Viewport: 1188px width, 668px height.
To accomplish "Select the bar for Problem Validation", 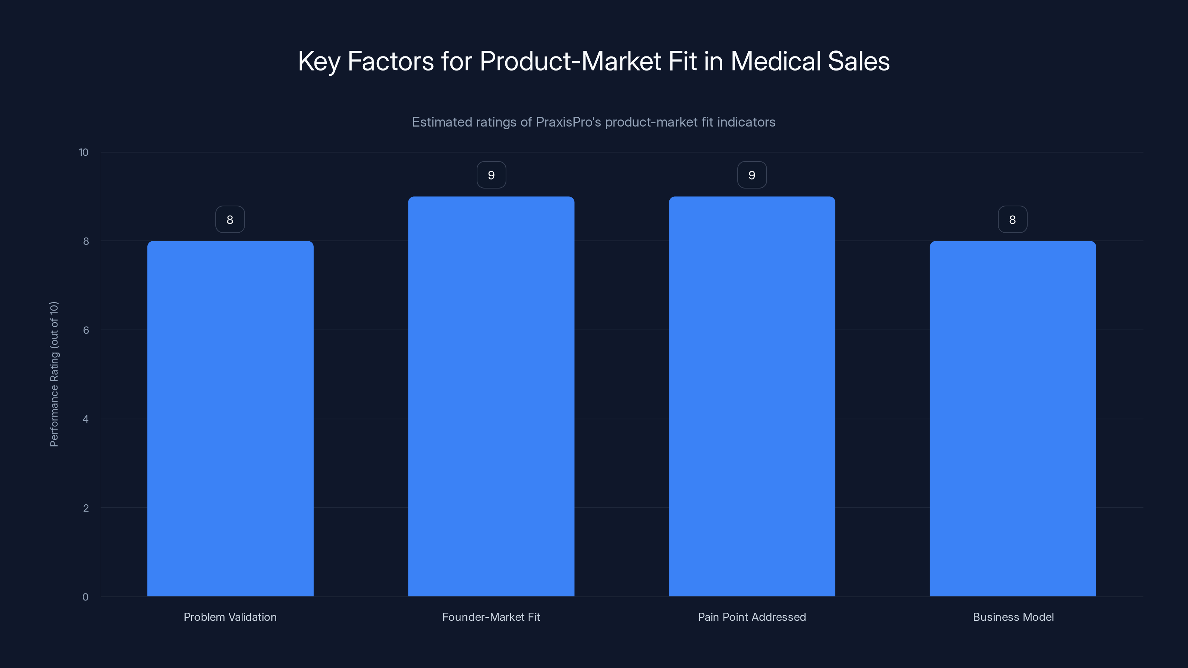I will click(230, 419).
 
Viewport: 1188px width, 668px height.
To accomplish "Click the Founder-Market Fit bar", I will click(491, 396).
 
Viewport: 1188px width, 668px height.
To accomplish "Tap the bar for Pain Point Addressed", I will click(752, 396).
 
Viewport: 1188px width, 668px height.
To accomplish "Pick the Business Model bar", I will click(1013, 419).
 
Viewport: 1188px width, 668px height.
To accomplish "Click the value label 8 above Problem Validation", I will click(230, 219).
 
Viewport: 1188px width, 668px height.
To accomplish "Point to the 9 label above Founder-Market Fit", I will click(491, 175).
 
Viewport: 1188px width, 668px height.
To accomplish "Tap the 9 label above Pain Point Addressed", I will click(752, 175).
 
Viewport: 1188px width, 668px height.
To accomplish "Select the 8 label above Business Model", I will click(1013, 219).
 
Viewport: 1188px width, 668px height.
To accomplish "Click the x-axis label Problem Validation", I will click(230, 617).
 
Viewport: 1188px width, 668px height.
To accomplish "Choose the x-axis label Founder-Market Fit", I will click(491, 617).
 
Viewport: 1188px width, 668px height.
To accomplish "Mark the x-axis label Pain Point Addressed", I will click(752, 617).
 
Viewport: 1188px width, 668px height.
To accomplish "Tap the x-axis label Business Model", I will click(1013, 617).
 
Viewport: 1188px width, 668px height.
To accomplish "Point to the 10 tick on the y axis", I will click(84, 152).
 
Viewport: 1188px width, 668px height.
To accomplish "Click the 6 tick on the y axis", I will click(86, 330).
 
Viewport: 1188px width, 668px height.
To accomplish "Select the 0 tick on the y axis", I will click(85, 597).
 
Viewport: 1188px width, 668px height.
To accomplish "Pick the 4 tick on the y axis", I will click(85, 419).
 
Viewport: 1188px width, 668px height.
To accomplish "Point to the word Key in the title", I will click(319, 62).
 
